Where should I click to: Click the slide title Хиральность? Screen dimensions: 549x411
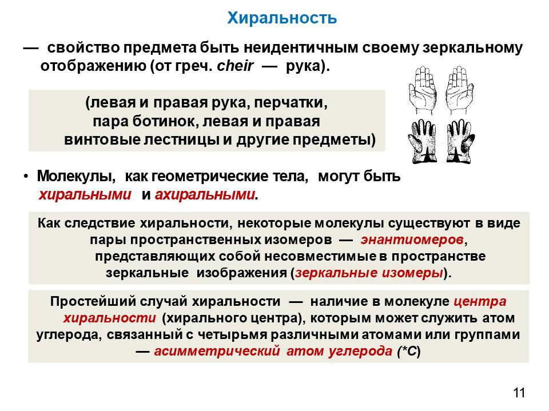(282, 18)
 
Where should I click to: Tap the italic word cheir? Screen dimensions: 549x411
(235, 66)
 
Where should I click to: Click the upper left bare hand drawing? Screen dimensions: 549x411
(423, 90)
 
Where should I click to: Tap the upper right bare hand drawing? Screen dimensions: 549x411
(459, 90)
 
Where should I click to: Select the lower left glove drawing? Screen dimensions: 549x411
(423, 141)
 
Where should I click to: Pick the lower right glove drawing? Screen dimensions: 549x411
(460, 141)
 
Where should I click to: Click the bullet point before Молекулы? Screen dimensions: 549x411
(26, 176)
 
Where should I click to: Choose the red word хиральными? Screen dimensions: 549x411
(85, 194)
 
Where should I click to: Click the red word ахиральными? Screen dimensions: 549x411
(205, 194)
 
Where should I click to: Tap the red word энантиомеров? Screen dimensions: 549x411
(412, 240)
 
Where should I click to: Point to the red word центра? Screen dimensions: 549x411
(480, 301)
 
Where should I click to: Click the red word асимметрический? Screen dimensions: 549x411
(217, 351)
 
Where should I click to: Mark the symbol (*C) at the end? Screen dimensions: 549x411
(409, 351)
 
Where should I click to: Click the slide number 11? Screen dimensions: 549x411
(519, 393)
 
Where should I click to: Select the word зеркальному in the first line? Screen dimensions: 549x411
(472, 48)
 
